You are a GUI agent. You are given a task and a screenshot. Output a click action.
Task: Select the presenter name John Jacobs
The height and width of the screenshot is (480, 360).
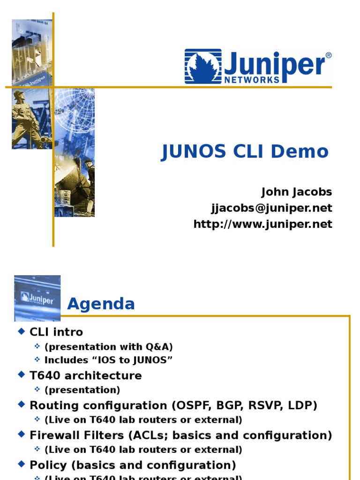296,192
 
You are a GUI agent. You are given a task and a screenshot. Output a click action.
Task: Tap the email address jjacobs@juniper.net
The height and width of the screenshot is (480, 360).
272,208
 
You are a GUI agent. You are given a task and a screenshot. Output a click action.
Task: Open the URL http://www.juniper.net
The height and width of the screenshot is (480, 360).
263,224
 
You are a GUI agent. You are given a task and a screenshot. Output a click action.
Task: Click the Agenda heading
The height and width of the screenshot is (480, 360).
101,304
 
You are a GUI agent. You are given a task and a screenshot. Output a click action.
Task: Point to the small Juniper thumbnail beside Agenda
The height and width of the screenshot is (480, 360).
37,298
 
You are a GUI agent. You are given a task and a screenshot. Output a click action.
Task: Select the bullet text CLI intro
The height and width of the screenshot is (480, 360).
56,332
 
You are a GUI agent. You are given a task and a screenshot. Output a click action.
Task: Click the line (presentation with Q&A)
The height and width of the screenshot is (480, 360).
109,347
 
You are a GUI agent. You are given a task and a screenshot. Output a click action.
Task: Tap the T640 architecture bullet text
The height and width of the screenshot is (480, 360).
85,376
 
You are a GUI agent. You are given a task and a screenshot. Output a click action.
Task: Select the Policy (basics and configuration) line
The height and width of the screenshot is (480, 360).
133,465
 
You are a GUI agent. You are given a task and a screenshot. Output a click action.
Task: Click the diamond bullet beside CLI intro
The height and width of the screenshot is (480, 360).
21,331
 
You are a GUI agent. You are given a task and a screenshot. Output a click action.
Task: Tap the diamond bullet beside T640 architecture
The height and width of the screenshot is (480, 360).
21,375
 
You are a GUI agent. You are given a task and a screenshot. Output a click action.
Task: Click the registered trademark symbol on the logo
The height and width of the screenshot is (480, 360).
328,55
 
